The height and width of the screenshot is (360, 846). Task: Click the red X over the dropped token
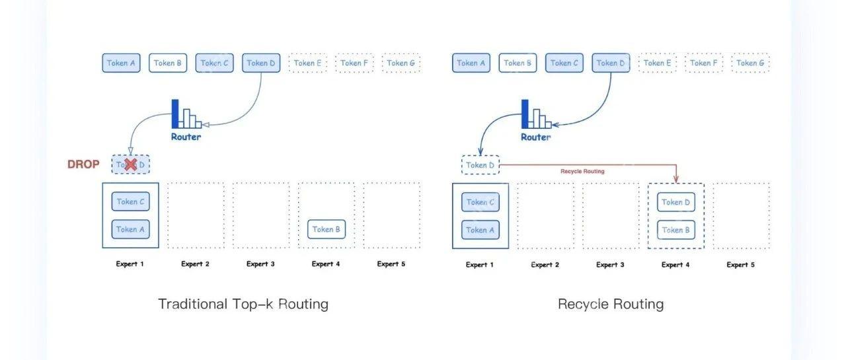[x=131, y=164]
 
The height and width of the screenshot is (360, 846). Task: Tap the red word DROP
[x=83, y=164]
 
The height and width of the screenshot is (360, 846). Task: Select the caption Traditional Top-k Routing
[x=243, y=304]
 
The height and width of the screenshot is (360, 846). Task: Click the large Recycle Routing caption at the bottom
[x=611, y=304]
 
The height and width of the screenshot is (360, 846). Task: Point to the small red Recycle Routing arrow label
[x=582, y=171]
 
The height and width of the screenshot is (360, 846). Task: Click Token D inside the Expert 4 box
[x=676, y=202]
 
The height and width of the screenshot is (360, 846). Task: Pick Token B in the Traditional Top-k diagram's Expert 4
[x=327, y=229]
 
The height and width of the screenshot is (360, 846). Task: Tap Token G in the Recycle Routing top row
[x=751, y=63]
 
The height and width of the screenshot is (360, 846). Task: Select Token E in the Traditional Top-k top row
[x=309, y=63]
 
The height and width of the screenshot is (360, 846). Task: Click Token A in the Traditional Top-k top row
[x=121, y=63]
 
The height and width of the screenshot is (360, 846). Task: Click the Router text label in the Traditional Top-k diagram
[x=186, y=137]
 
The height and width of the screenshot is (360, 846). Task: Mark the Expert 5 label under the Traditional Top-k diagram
[x=391, y=264]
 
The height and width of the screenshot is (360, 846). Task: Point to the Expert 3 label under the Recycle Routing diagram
[x=610, y=264]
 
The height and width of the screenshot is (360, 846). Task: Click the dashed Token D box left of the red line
[x=480, y=165]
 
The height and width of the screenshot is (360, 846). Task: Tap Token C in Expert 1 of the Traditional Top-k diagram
[x=130, y=201]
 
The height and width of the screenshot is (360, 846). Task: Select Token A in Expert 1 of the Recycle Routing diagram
[x=480, y=230]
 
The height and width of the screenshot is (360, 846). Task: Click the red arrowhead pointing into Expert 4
[x=676, y=179]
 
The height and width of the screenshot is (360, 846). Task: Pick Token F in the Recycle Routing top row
[x=705, y=63]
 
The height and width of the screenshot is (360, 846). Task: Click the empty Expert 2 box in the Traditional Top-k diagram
[x=196, y=215]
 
